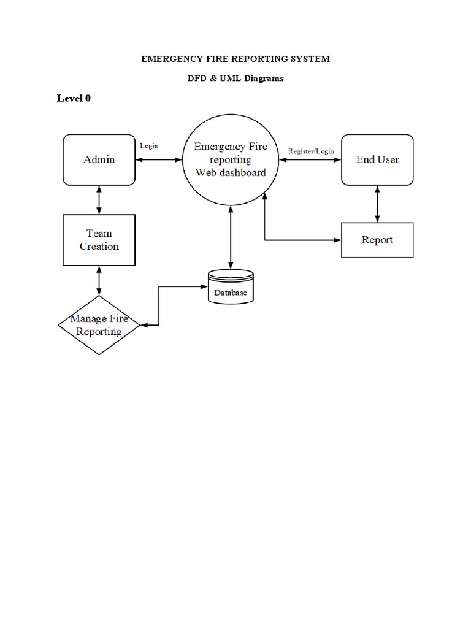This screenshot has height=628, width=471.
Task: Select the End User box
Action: (377, 159)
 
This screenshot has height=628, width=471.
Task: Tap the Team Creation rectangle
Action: (99, 240)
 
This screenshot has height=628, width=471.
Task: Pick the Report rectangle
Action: (377, 240)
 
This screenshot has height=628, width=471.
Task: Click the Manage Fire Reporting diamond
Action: (96, 325)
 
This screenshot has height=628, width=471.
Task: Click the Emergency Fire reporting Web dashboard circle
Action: (230, 159)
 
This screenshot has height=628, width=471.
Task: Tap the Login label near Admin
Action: (149, 146)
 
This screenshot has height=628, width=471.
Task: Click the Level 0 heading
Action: (74, 98)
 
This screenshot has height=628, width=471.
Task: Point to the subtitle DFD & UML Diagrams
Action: (235, 78)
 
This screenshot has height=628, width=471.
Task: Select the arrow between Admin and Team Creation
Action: (99, 200)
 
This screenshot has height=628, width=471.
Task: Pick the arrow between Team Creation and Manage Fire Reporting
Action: (99, 280)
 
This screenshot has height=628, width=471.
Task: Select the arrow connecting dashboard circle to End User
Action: (309, 160)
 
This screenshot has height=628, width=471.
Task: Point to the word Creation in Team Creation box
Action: (99, 247)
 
